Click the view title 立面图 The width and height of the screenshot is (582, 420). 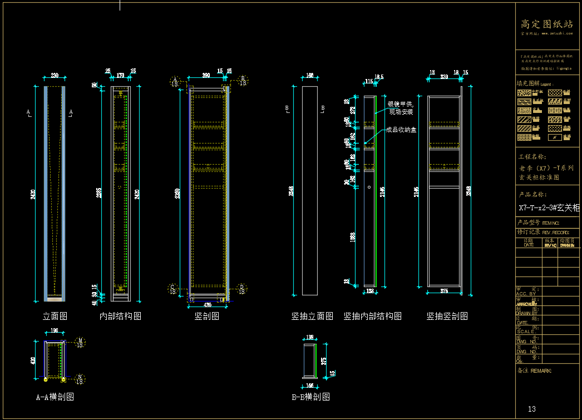click(x=55, y=316)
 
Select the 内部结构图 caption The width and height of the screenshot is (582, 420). click(x=120, y=316)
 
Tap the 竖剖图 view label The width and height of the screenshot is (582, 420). click(x=206, y=316)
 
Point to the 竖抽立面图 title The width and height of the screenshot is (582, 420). click(x=312, y=316)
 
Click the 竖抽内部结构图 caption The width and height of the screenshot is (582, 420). click(x=372, y=316)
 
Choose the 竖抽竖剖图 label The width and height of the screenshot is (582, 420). click(x=447, y=316)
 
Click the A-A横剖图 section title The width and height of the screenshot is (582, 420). click(x=55, y=397)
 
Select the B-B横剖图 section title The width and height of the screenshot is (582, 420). click(x=310, y=397)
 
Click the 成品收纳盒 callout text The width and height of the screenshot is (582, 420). click(x=401, y=130)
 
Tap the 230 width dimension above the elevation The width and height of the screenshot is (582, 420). click(x=55, y=76)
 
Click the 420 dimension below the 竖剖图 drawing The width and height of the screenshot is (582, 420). click(x=208, y=305)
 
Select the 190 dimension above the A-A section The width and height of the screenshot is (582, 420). click(x=54, y=331)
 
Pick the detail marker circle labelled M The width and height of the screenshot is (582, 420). click(x=80, y=342)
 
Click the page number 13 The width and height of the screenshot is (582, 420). click(x=532, y=409)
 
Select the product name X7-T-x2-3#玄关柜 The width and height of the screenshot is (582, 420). click(x=549, y=207)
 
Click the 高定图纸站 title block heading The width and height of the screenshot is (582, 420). click(x=546, y=24)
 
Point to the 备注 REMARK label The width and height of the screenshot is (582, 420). click(x=535, y=370)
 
